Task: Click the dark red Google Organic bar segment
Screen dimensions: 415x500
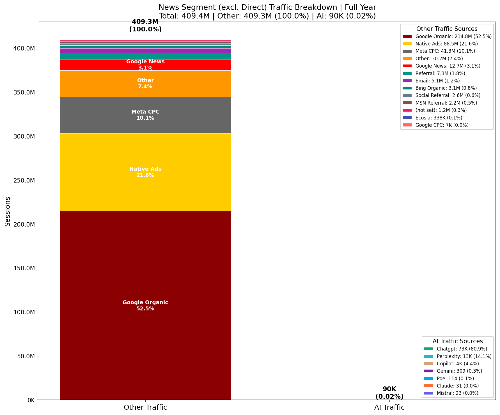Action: point(145,280)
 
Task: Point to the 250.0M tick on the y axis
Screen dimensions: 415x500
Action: point(24,180)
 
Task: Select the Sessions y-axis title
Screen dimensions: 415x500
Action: point(8,211)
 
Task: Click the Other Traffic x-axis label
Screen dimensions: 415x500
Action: point(145,407)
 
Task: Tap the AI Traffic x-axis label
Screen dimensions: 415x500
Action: point(389,407)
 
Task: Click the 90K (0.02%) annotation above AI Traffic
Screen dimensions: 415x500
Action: point(389,393)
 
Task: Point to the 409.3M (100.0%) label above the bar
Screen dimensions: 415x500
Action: point(145,26)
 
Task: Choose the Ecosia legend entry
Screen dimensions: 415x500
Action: point(439,118)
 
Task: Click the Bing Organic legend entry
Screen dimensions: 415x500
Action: point(446,88)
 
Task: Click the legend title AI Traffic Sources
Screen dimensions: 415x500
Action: point(458,341)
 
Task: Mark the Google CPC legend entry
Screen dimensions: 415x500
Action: point(442,125)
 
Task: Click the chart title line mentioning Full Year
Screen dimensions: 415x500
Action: point(267,7)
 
